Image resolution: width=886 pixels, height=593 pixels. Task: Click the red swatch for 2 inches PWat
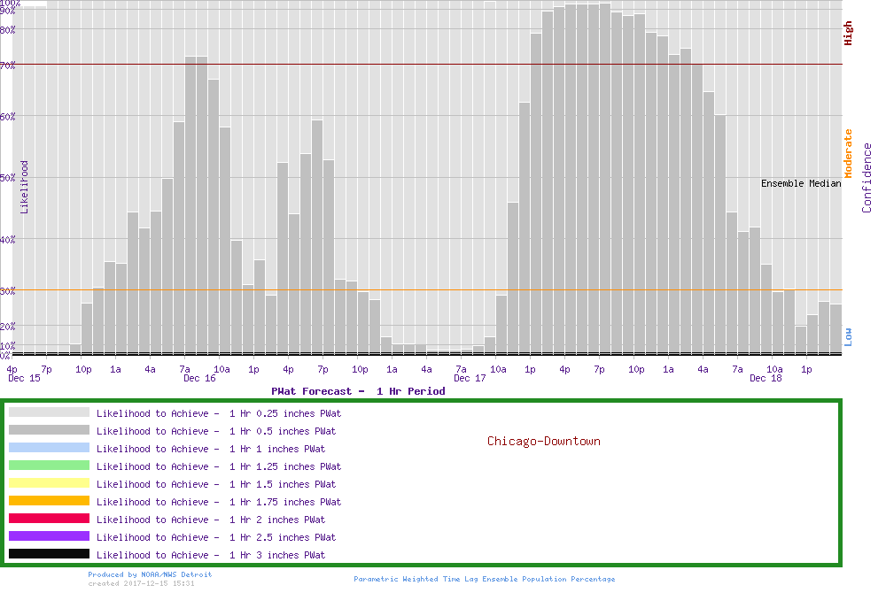49,519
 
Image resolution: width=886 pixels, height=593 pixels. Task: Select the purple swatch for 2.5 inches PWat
49,536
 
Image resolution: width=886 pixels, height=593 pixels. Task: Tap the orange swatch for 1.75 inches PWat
49,501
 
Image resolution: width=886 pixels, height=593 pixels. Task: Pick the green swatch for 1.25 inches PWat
49,466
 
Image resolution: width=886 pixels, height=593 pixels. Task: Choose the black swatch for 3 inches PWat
49,554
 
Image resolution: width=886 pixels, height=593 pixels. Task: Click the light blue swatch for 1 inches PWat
49,448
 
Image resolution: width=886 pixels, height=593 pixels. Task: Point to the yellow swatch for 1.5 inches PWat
49,483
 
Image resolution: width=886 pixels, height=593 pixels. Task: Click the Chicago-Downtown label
543,441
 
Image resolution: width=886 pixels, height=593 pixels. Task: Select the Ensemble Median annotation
801,184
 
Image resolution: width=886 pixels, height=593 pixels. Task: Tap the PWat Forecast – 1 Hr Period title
358,391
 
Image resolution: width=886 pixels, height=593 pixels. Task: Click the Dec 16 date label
199,379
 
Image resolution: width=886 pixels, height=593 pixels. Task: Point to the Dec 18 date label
766,379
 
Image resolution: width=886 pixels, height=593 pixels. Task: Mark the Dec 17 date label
470,379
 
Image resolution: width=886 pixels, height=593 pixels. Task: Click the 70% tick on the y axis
8,65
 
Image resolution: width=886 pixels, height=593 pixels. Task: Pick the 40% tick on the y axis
8,238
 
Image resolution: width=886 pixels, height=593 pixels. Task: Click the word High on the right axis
848,34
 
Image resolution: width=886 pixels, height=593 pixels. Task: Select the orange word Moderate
848,154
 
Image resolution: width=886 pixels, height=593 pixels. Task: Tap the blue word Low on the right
848,336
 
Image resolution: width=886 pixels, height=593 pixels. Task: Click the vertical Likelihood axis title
25,187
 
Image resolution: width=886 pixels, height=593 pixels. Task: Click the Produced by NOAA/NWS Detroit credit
150,574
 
